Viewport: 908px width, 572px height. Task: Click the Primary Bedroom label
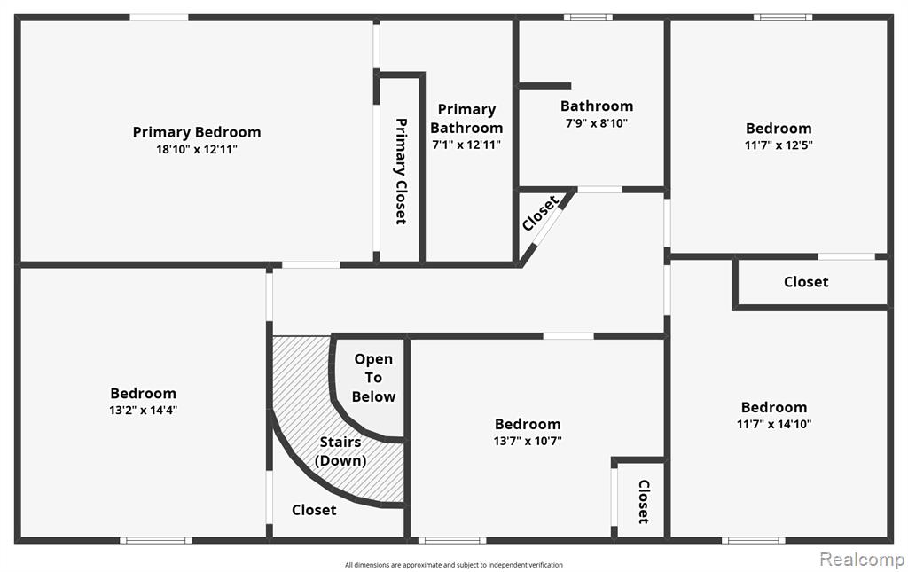(197, 132)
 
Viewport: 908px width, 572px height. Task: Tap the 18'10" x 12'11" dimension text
(197, 149)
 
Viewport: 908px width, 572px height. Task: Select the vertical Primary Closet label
(401, 171)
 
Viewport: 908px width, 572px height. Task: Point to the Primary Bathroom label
(466, 118)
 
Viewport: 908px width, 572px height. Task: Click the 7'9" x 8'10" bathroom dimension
(597, 122)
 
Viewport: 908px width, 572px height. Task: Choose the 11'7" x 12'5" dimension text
(779, 145)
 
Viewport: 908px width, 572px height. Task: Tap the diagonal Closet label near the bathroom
(540, 213)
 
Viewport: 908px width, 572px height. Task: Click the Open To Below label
(373, 378)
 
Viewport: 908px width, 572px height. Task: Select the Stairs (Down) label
(340, 451)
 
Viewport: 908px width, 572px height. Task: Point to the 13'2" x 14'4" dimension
(143, 411)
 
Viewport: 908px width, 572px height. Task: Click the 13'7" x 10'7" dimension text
(528, 441)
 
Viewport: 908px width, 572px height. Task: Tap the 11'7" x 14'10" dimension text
(774, 424)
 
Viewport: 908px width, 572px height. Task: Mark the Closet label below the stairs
(314, 509)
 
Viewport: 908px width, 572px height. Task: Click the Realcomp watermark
(862, 559)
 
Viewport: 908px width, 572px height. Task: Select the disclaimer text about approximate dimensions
(454, 565)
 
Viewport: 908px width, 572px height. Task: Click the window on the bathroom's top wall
(588, 18)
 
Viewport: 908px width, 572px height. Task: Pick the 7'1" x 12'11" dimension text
(466, 145)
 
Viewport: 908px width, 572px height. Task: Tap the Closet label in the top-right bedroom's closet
(806, 282)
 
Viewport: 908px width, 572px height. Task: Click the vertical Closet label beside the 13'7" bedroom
(644, 501)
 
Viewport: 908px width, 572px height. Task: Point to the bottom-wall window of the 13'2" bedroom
(156, 541)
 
